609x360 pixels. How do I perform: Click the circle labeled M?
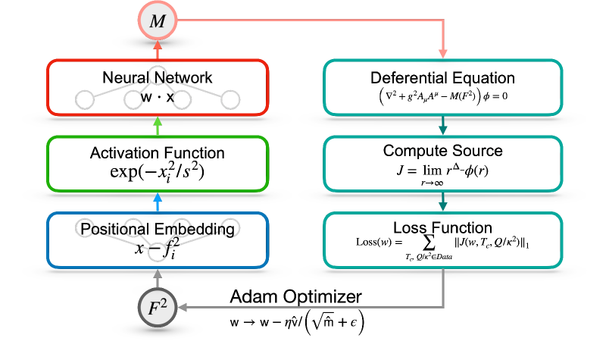pos(157,21)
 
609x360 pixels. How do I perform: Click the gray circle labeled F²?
pos(157,308)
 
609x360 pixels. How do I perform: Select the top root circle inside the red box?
pos(157,75)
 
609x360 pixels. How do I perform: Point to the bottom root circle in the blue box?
pos(157,252)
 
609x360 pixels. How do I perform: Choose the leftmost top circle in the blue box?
pos(85,227)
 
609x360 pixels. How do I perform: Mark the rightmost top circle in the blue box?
pos(230,227)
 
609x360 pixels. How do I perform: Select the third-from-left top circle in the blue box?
pos(182,227)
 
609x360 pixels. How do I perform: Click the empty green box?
pos(158,164)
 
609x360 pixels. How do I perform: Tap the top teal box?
pos(443,87)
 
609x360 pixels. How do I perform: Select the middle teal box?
pos(443,164)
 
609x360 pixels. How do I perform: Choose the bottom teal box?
pos(443,240)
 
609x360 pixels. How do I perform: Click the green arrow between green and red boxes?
pos(157,125)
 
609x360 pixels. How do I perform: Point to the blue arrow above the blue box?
pos(157,202)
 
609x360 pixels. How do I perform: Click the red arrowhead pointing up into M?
pos(157,46)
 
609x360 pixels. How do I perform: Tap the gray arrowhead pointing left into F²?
pos(183,308)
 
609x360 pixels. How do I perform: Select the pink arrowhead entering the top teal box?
pos(443,54)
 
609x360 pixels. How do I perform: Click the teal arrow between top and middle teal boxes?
pos(443,126)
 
